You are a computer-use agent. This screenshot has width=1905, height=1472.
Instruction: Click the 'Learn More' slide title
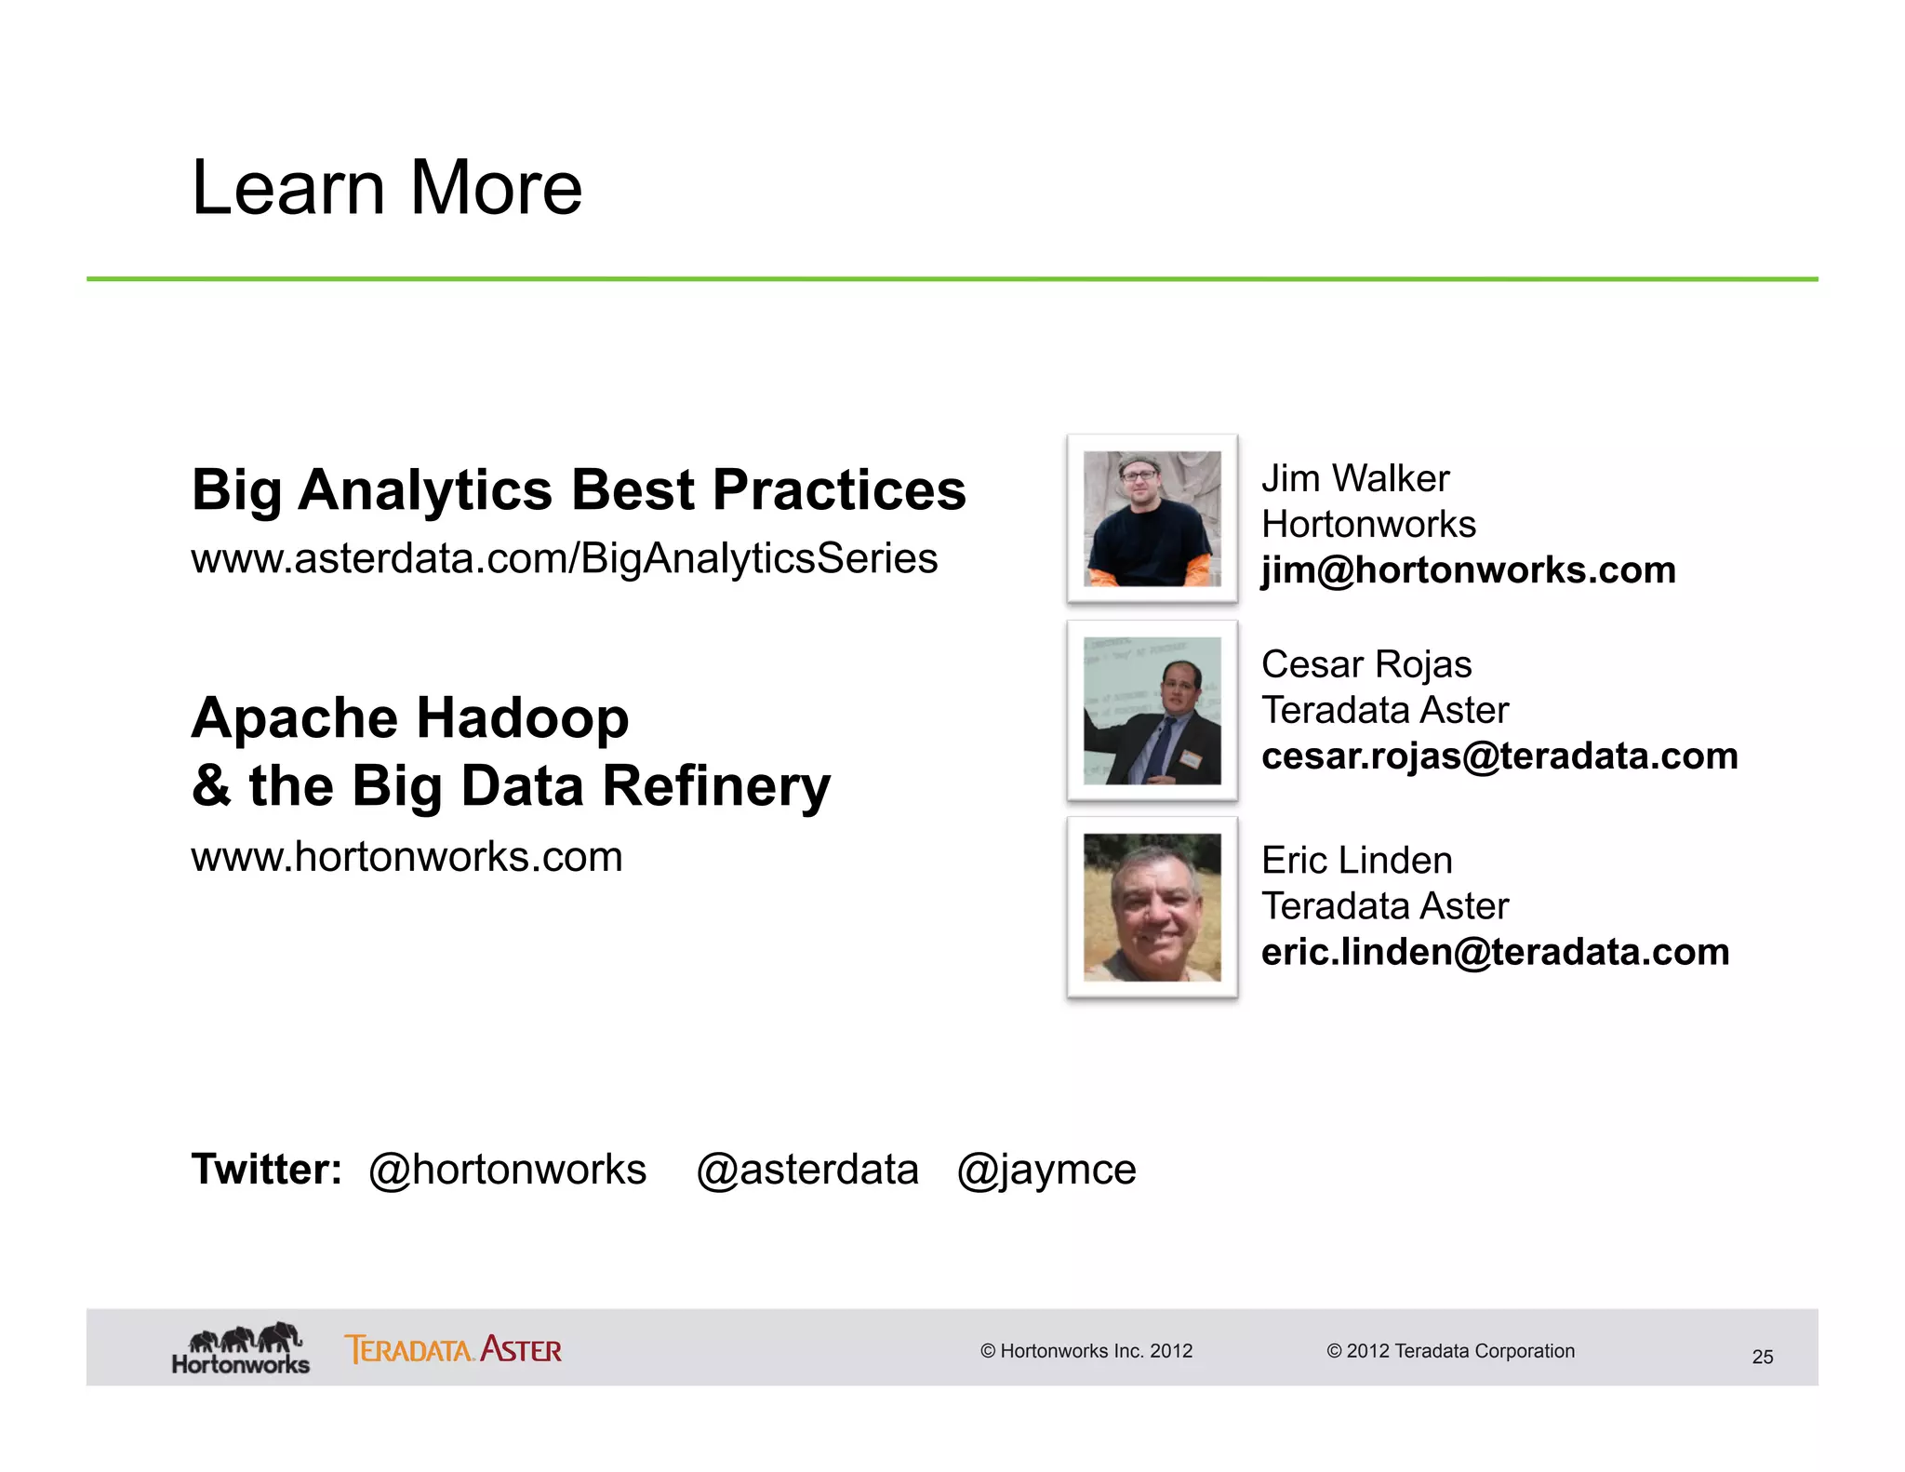[386, 188]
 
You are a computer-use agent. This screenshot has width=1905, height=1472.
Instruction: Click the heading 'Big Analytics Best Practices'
[578, 489]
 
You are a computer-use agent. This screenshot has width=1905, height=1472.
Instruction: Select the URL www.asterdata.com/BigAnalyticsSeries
[564, 558]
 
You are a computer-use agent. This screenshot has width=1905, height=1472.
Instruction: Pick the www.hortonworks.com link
[406, 856]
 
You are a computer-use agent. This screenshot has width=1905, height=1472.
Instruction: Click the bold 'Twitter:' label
[266, 1169]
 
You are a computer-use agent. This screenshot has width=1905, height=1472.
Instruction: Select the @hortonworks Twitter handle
[507, 1169]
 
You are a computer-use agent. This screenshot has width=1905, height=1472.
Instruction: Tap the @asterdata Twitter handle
[806, 1169]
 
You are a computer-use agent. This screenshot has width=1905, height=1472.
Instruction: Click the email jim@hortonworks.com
[1468, 569]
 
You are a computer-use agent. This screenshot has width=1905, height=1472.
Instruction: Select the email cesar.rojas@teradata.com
[1499, 756]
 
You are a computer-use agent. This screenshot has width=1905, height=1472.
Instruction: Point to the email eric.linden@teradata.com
[1495, 952]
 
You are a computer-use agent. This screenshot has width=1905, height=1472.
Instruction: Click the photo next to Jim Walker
[1152, 518]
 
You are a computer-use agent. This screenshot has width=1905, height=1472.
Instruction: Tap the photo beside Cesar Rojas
[1152, 710]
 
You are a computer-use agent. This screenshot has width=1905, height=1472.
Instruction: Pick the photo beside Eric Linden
[1152, 906]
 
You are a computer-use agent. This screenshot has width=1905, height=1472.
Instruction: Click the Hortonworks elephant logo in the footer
[241, 1348]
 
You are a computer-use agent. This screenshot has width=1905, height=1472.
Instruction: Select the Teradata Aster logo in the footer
[453, 1349]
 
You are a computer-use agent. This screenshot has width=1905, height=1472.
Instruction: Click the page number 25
[1762, 1357]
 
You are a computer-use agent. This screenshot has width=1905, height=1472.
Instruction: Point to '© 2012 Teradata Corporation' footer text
[1450, 1351]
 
